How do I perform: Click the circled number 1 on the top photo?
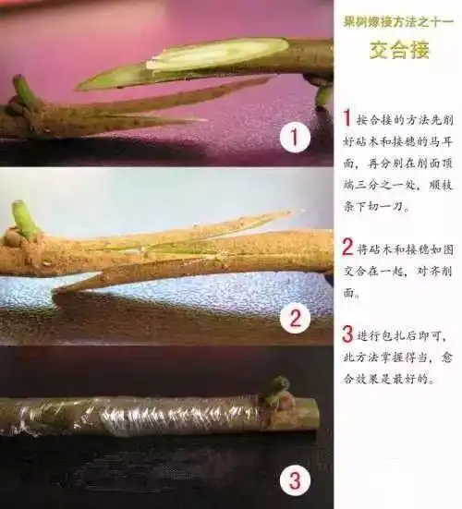tap(293, 139)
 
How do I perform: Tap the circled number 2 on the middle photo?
tap(294, 320)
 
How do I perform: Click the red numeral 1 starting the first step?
tap(347, 118)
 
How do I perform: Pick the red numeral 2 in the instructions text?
tap(347, 246)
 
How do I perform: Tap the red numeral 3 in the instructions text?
tap(347, 332)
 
